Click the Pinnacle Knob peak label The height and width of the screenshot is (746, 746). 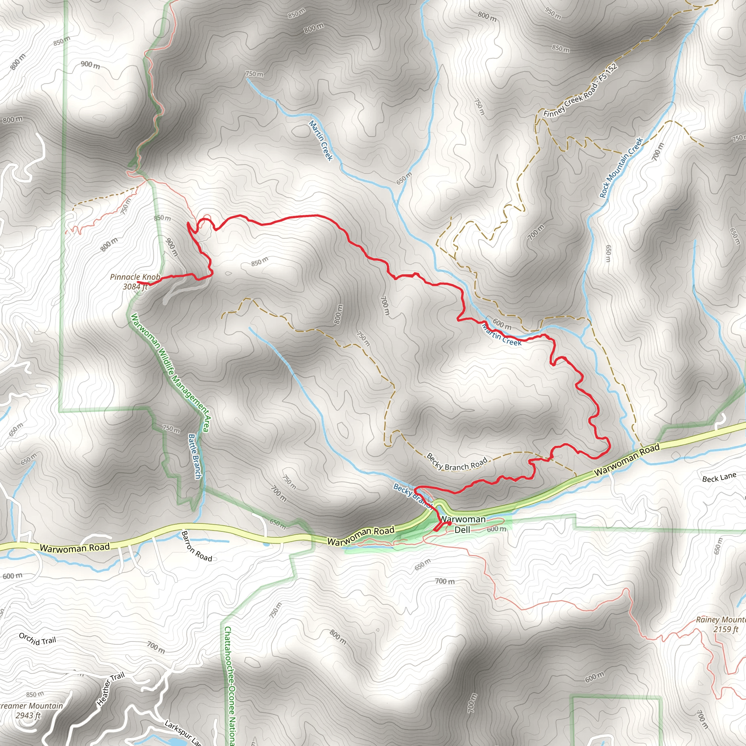pos(135,277)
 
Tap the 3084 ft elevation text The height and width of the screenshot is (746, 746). pos(135,287)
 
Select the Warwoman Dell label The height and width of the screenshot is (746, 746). pos(463,525)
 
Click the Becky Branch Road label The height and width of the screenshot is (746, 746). pos(457,462)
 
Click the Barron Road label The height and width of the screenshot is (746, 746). pos(197,546)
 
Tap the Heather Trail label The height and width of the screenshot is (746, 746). pos(110,688)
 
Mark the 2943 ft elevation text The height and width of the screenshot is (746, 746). pos(28,715)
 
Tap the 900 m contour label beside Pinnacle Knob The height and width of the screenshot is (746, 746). pos(172,247)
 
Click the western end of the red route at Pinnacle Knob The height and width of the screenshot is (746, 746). pos(138,283)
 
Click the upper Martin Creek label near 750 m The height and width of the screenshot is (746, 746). pos(321,140)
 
